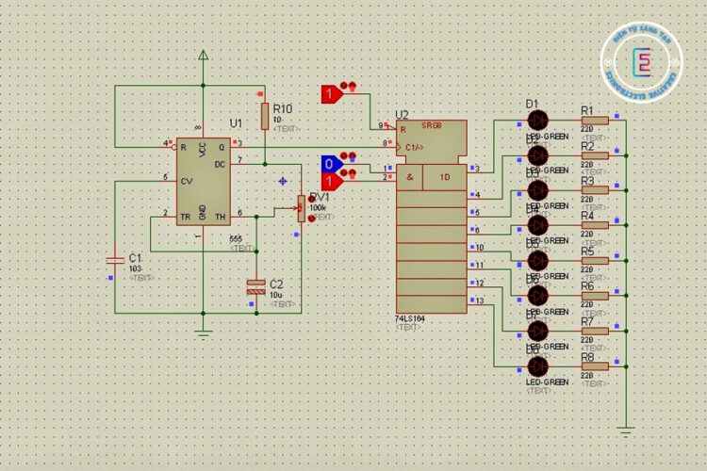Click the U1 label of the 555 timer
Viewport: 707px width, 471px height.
[236, 122]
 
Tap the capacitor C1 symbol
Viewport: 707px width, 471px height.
[114, 258]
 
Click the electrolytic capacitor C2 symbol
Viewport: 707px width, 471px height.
[255, 285]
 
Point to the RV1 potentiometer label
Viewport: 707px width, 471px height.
[319, 197]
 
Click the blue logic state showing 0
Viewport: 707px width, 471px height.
[329, 164]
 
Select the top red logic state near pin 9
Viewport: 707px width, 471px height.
[329, 93]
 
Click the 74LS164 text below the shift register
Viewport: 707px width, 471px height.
[410, 318]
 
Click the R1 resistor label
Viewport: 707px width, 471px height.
[587, 109]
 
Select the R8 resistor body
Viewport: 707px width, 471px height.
[594, 365]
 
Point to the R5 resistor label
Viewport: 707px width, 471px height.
[587, 252]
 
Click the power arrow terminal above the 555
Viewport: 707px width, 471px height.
[203, 56]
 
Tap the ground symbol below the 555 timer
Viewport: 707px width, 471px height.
[203, 332]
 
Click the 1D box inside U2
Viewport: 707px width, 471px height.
[443, 176]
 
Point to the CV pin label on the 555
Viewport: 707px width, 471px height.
[187, 179]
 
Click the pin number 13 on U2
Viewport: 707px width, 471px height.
[479, 300]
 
